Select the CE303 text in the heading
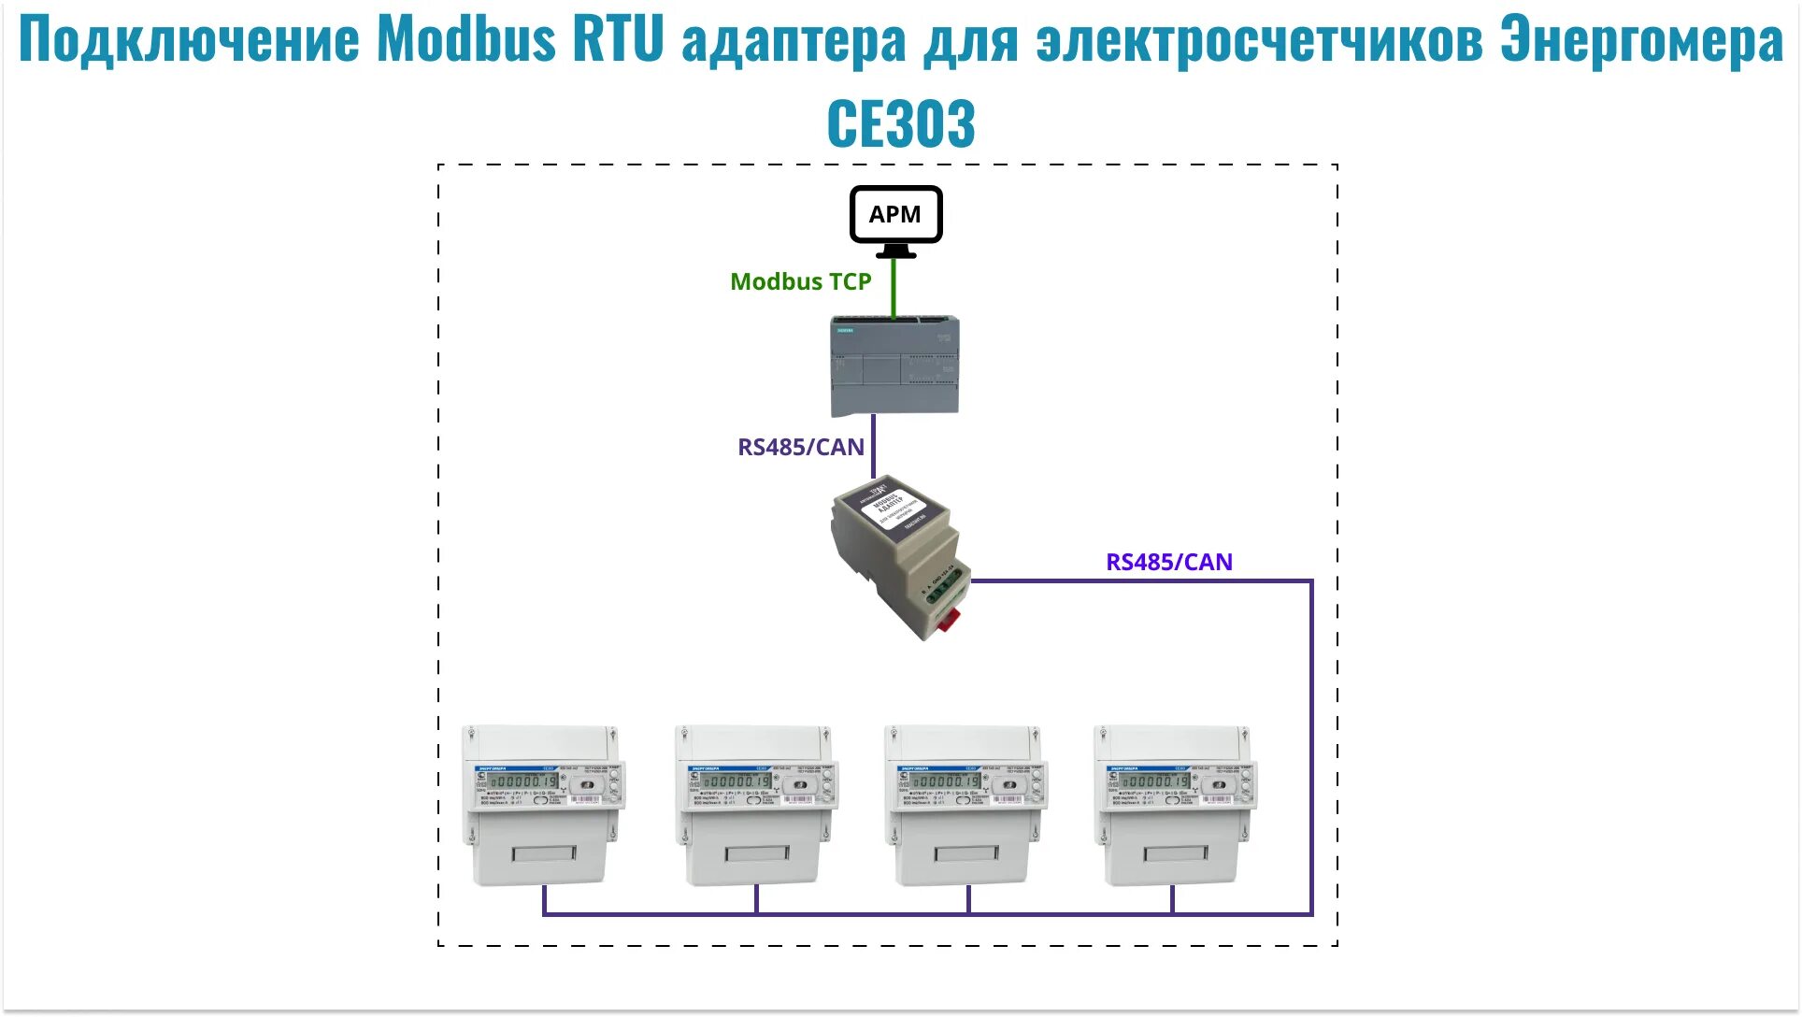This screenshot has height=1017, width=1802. pyautogui.click(x=901, y=123)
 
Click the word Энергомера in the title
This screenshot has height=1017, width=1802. pyautogui.click(x=1641, y=39)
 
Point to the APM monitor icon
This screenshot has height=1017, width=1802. pyautogui.click(x=895, y=217)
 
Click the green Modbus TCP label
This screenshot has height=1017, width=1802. pyautogui.click(x=800, y=281)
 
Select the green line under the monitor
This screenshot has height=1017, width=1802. pyautogui.click(x=894, y=288)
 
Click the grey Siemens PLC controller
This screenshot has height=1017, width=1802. pyautogui.click(x=894, y=365)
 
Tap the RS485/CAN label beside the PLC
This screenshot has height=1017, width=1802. pyautogui.click(x=801, y=447)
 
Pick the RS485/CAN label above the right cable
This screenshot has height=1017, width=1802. pyautogui.click(x=1168, y=562)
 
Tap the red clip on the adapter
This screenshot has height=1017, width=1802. pyautogui.click(x=950, y=619)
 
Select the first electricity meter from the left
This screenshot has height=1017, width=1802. pyautogui.click(x=542, y=804)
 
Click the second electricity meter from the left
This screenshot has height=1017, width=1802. pyautogui.click(x=755, y=804)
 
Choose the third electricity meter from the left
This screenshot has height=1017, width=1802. pyautogui.click(x=965, y=804)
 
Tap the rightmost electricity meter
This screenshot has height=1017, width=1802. pyautogui.click(x=1175, y=804)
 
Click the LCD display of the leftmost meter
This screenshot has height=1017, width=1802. pyautogui.click(x=523, y=781)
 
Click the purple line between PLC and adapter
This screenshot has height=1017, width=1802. pyautogui.click(x=874, y=447)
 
